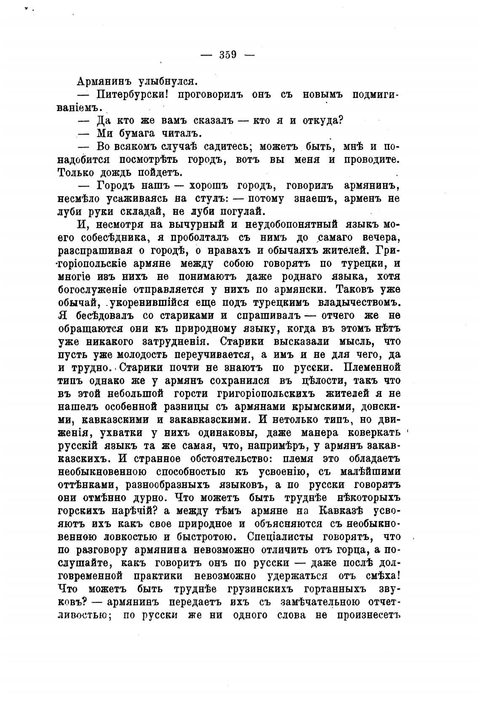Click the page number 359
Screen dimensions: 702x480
(x=228, y=55)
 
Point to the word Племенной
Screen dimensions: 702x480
(x=372, y=367)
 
